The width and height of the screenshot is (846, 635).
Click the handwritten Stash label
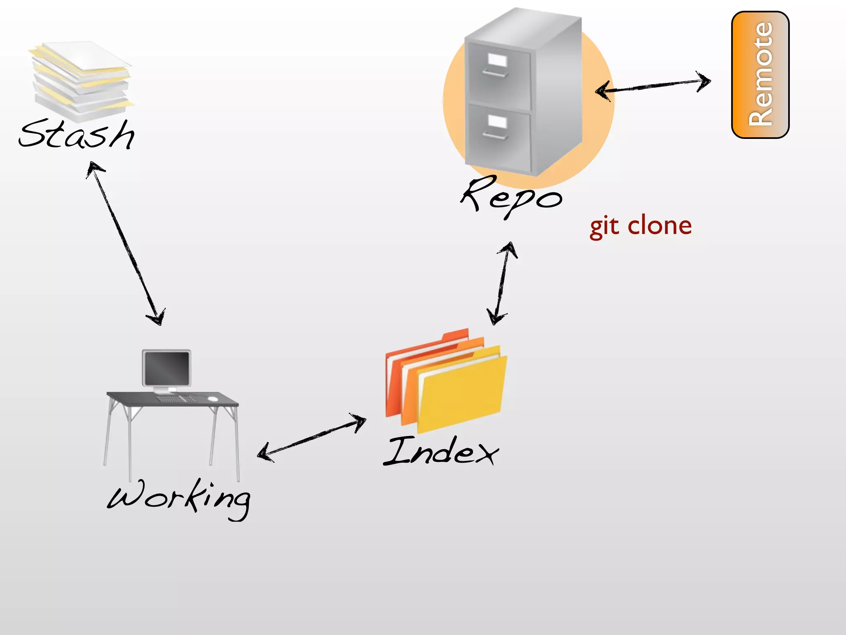point(76,134)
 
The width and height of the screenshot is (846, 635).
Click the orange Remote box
point(760,74)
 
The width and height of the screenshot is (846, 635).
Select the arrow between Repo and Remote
point(653,86)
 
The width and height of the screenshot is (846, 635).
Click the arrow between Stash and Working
point(126,244)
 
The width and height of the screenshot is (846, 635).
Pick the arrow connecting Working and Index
point(312,437)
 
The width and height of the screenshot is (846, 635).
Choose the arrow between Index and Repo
point(502,283)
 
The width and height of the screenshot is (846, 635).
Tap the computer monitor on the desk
point(166,368)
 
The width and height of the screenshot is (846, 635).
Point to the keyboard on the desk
point(176,399)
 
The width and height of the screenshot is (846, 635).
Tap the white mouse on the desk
point(212,399)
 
